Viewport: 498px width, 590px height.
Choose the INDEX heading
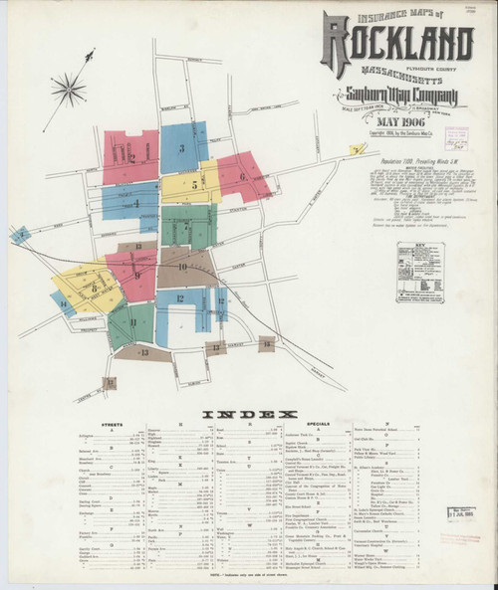click(249, 413)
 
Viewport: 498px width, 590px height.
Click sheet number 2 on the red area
click(130, 158)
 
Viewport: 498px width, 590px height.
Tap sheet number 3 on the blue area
click(181, 149)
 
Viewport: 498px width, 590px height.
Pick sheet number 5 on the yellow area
click(194, 184)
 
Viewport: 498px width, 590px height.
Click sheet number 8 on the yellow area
click(93, 288)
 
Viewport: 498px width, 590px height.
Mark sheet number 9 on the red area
click(137, 275)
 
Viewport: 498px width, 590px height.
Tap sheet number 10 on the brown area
click(182, 267)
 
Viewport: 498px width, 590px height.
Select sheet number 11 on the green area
click(132, 321)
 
